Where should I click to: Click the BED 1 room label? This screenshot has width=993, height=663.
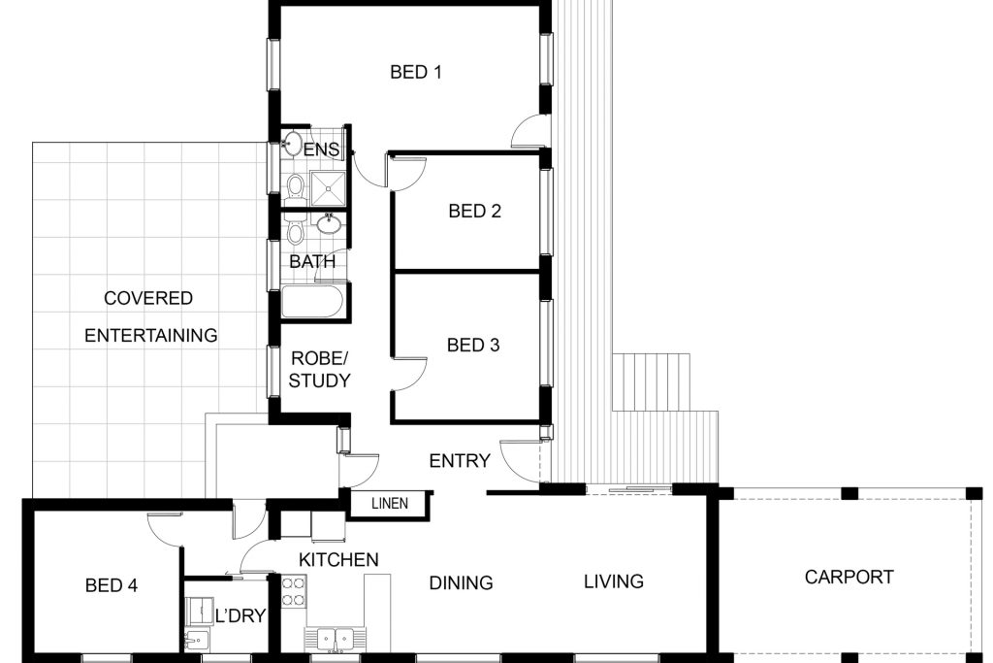tap(415, 72)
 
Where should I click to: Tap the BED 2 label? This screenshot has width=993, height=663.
tap(474, 211)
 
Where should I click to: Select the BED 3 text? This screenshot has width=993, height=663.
tap(473, 346)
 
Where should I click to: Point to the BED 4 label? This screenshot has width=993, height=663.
tap(112, 585)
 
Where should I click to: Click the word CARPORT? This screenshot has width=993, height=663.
tap(849, 578)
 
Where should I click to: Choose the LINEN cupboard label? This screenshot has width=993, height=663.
tap(390, 503)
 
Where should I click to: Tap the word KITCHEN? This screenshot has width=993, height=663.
tap(338, 560)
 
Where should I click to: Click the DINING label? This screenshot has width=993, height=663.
tap(461, 583)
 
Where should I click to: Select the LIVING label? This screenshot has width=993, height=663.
tap(614, 581)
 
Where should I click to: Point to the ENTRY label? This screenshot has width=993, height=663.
tap(460, 461)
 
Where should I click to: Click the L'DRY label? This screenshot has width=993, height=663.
tap(240, 615)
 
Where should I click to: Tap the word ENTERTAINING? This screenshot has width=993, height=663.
tap(150, 335)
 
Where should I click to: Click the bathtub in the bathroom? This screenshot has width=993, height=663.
tap(312, 301)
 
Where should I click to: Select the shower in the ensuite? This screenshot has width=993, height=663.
tap(328, 188)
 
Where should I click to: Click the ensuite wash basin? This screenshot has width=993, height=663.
tap(293, 144)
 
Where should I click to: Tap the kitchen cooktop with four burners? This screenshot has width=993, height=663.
tap(294, 592)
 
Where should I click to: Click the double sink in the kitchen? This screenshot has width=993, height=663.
tap(335, 639)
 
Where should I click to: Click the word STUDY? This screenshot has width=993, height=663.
tap(319, 381)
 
